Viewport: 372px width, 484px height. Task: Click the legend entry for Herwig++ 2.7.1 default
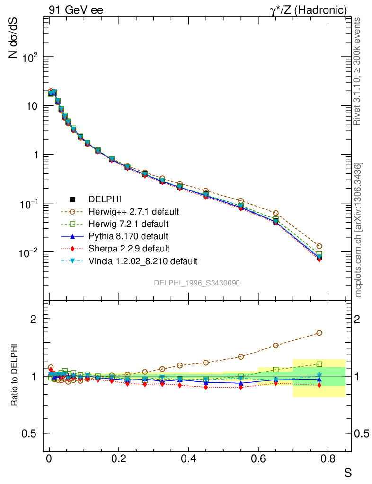133,211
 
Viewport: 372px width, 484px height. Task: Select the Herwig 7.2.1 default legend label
129,224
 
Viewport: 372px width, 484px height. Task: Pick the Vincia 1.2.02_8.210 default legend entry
143,261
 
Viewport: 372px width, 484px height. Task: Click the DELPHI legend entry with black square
102,199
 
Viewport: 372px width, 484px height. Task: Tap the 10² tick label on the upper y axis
30,58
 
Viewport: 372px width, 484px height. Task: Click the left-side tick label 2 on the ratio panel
34,319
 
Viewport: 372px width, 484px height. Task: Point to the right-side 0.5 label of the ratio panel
361,433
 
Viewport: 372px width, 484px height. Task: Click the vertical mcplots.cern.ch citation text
358,229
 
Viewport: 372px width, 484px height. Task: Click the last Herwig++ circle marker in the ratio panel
319,333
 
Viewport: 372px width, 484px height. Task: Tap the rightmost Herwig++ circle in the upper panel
319,246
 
